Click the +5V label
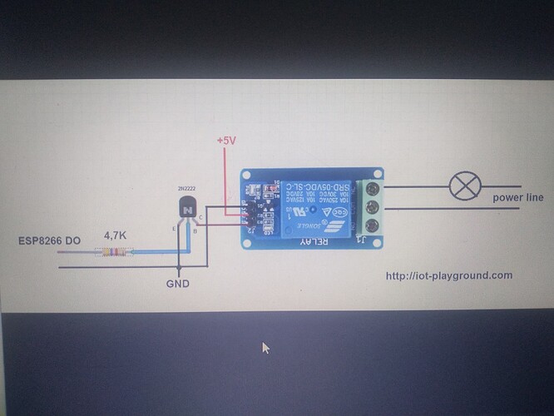[x=226, y=141]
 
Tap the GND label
[x=177, y=284]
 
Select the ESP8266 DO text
[x=50, y=240]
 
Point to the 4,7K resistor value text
[x=115, y=235]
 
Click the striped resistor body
[x=115, y=251]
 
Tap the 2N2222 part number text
[x=187, y=188]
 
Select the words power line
[x=517, y=198]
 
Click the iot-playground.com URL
[x=449, y=275]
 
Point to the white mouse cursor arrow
[x=266, y=348]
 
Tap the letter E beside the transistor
[x=173, y=226]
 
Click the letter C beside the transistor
[x=200, y=218]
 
